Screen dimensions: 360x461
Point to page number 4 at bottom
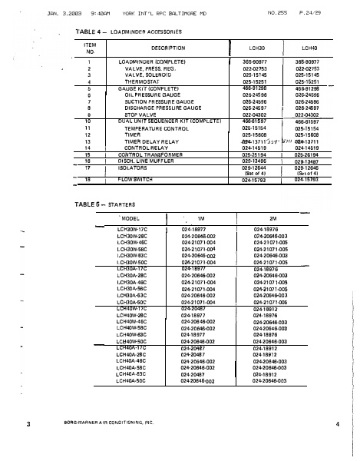click(x=337, y=424)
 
